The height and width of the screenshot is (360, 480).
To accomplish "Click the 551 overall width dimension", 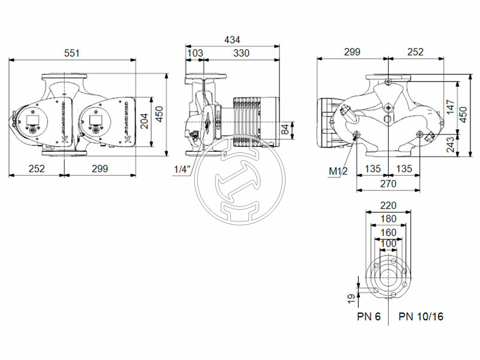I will pyautogui.click(x=71, y=53).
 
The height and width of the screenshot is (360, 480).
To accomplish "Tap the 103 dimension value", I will pyautogui.click(x=195, y=53).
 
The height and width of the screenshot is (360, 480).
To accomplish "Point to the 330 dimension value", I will pyautogui.click(x=241, y=53).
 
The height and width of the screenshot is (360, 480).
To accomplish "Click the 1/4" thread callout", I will pyautogui.click(x=181, y=170).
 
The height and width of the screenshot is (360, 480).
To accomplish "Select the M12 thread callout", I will pyautogui.click(x=338, y=172).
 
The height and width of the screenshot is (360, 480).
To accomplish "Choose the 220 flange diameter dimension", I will pyautogui.click(x=388, y=205).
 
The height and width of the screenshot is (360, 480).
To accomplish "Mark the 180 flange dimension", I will pyautogui.click(x=388, y=218).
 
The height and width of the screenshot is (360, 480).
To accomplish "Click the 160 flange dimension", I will pyautogui.click(x=388, y=232).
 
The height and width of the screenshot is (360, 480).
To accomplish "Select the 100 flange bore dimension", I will pyautogui.click(x=388, y=244).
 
